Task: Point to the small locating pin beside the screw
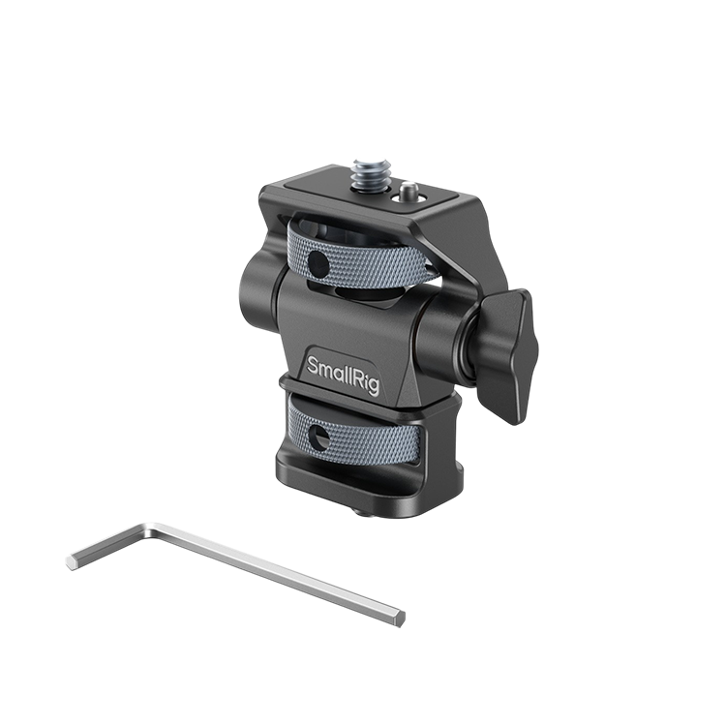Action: click(408, 190)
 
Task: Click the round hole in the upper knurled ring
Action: click(318, 261)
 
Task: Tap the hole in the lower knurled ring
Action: click(318, 438)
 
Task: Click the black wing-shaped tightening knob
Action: click(505, 355)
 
